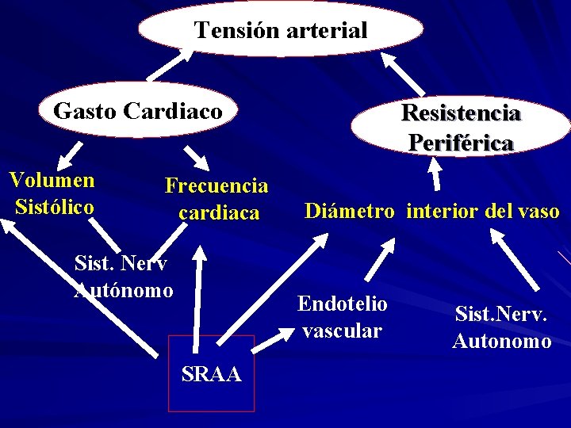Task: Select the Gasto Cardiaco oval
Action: [137, 111]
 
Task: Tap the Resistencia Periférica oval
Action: [461, 127]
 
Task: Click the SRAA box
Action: [211, 373]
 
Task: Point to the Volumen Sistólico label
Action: [52, 193]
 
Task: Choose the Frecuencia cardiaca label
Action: [217, 199]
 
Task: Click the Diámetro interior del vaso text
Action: [432, 212]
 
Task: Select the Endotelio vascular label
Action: [342, 317]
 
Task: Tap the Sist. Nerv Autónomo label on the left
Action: [124, 276]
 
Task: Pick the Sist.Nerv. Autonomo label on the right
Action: [501, 327]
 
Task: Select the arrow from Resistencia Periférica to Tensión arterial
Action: [402, 75]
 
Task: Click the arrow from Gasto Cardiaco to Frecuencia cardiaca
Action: [195, 157]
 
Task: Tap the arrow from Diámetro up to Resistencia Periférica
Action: [435, 174]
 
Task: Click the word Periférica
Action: [461, 143]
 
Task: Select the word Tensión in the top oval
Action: [233, 31]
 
